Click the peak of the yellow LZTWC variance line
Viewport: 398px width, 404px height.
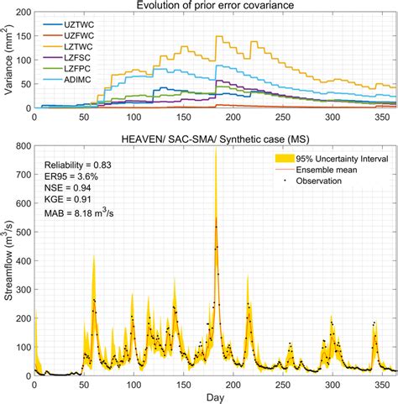pyautogui.click(x=217, y=37)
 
